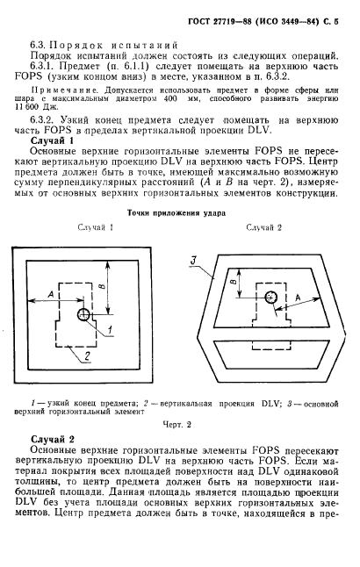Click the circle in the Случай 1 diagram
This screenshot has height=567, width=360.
(x=83, y=314)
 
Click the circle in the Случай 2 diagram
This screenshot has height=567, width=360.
(x=271, y=297)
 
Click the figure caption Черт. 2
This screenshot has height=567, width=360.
(x=176, y=424)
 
